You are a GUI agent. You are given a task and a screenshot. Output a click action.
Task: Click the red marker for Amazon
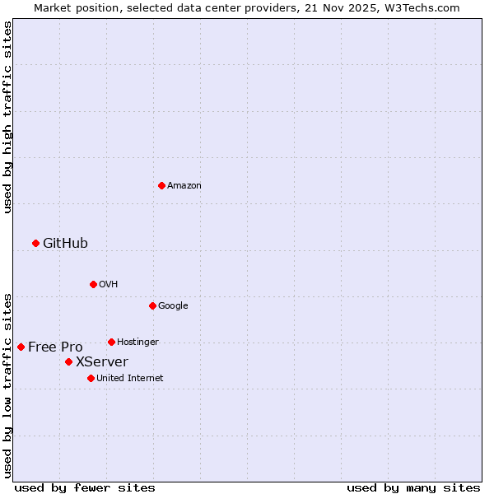pos(161,185)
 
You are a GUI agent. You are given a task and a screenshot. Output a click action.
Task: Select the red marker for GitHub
pos(35,243)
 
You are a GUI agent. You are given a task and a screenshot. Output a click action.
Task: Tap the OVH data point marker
pos(93,284)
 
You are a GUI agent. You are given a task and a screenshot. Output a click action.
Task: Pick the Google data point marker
pos(152,305)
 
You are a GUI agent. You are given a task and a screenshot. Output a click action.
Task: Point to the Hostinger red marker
pos(111,342)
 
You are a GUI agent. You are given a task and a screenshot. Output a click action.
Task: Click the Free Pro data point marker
pos(21,347)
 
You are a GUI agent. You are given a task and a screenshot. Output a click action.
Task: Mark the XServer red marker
pos(68,361)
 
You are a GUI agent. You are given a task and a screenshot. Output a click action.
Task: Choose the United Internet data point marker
pos(91,378)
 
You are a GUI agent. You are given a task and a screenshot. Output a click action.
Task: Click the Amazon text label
pos(184,185)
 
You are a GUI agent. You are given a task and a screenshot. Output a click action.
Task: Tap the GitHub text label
pos(65,243)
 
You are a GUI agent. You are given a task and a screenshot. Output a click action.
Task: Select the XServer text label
pos(102,361)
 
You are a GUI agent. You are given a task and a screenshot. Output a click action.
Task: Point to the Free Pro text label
pos(55,347)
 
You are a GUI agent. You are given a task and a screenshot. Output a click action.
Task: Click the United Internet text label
pos(130,378)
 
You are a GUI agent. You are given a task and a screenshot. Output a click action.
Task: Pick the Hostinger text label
pos(137,342)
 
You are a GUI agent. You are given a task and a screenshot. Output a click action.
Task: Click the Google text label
pos(173,305)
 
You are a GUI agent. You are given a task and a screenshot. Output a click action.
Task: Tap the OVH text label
pos(108,284)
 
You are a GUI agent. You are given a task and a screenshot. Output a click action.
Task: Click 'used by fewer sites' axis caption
pos(85,487)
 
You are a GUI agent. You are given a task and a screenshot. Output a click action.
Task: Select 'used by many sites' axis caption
pos(413,487)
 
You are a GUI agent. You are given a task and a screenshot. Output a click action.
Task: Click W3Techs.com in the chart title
pos(424,7)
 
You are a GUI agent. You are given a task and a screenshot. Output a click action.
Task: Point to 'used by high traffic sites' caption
pos(7,117)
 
